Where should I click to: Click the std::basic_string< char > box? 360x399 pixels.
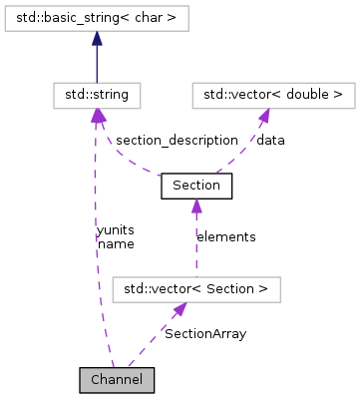pyautogui.click(x=96, y=16)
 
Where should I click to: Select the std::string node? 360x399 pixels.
pyautogui.click(x=96, y=96)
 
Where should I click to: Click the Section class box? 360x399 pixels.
pyautogui.click(x=195, y=186)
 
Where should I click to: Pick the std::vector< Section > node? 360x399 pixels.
pyautogui.click(x=196, y=289)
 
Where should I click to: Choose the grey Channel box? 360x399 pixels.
pyautogui.click(x=117, y=379)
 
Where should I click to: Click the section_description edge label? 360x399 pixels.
pyautogui.click(x=167, y=140)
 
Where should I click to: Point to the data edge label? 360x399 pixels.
pyautogui.click(x=270, y=140)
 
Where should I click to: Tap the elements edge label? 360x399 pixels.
pyautogui.click(x=225, y=236)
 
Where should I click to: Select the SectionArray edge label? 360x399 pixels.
pyautogui.click(x=205, y=333)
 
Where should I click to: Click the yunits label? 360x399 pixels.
pyautogui.click(x=116, y=229)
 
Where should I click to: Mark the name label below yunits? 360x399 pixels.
pyautogui.click(x=116, y=242)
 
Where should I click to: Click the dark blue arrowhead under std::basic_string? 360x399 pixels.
pyautogui.click(x=96, y=37)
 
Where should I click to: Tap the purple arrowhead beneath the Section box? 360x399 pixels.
pyautogui.click(x=196, y=205)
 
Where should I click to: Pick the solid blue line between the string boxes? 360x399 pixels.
pyautogui.click(x=96, y=65)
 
